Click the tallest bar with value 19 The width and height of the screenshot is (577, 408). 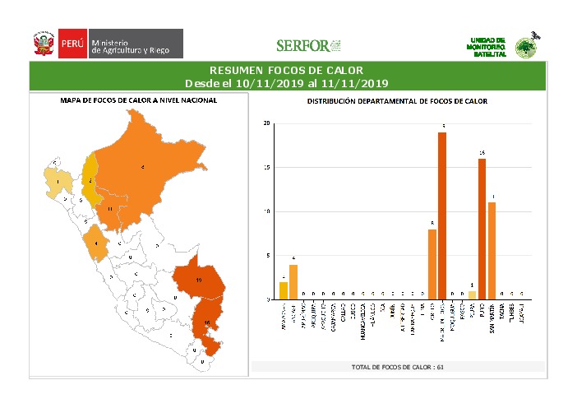(442, 216)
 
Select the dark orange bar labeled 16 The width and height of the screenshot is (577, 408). (482, 229)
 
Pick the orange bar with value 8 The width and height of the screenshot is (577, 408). (432, 264)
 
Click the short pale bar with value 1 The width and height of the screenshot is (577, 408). (472, 294)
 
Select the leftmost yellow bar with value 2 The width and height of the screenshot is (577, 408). (283, 290)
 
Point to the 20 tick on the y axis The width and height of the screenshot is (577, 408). (266, 123)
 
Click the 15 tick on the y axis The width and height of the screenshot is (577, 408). (266, 168)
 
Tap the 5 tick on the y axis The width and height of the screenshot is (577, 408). (268, 256)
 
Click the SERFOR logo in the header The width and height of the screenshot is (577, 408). (308, 45)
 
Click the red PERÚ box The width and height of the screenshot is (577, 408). (72, 44)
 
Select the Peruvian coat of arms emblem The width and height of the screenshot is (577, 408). (43, 44)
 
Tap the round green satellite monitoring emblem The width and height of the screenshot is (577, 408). (524, 47)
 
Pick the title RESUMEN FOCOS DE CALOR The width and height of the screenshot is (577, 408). (286, 71)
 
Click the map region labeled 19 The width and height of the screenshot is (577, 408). (200, 280)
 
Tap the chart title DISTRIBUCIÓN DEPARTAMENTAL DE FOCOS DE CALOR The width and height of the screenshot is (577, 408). (397, 101)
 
